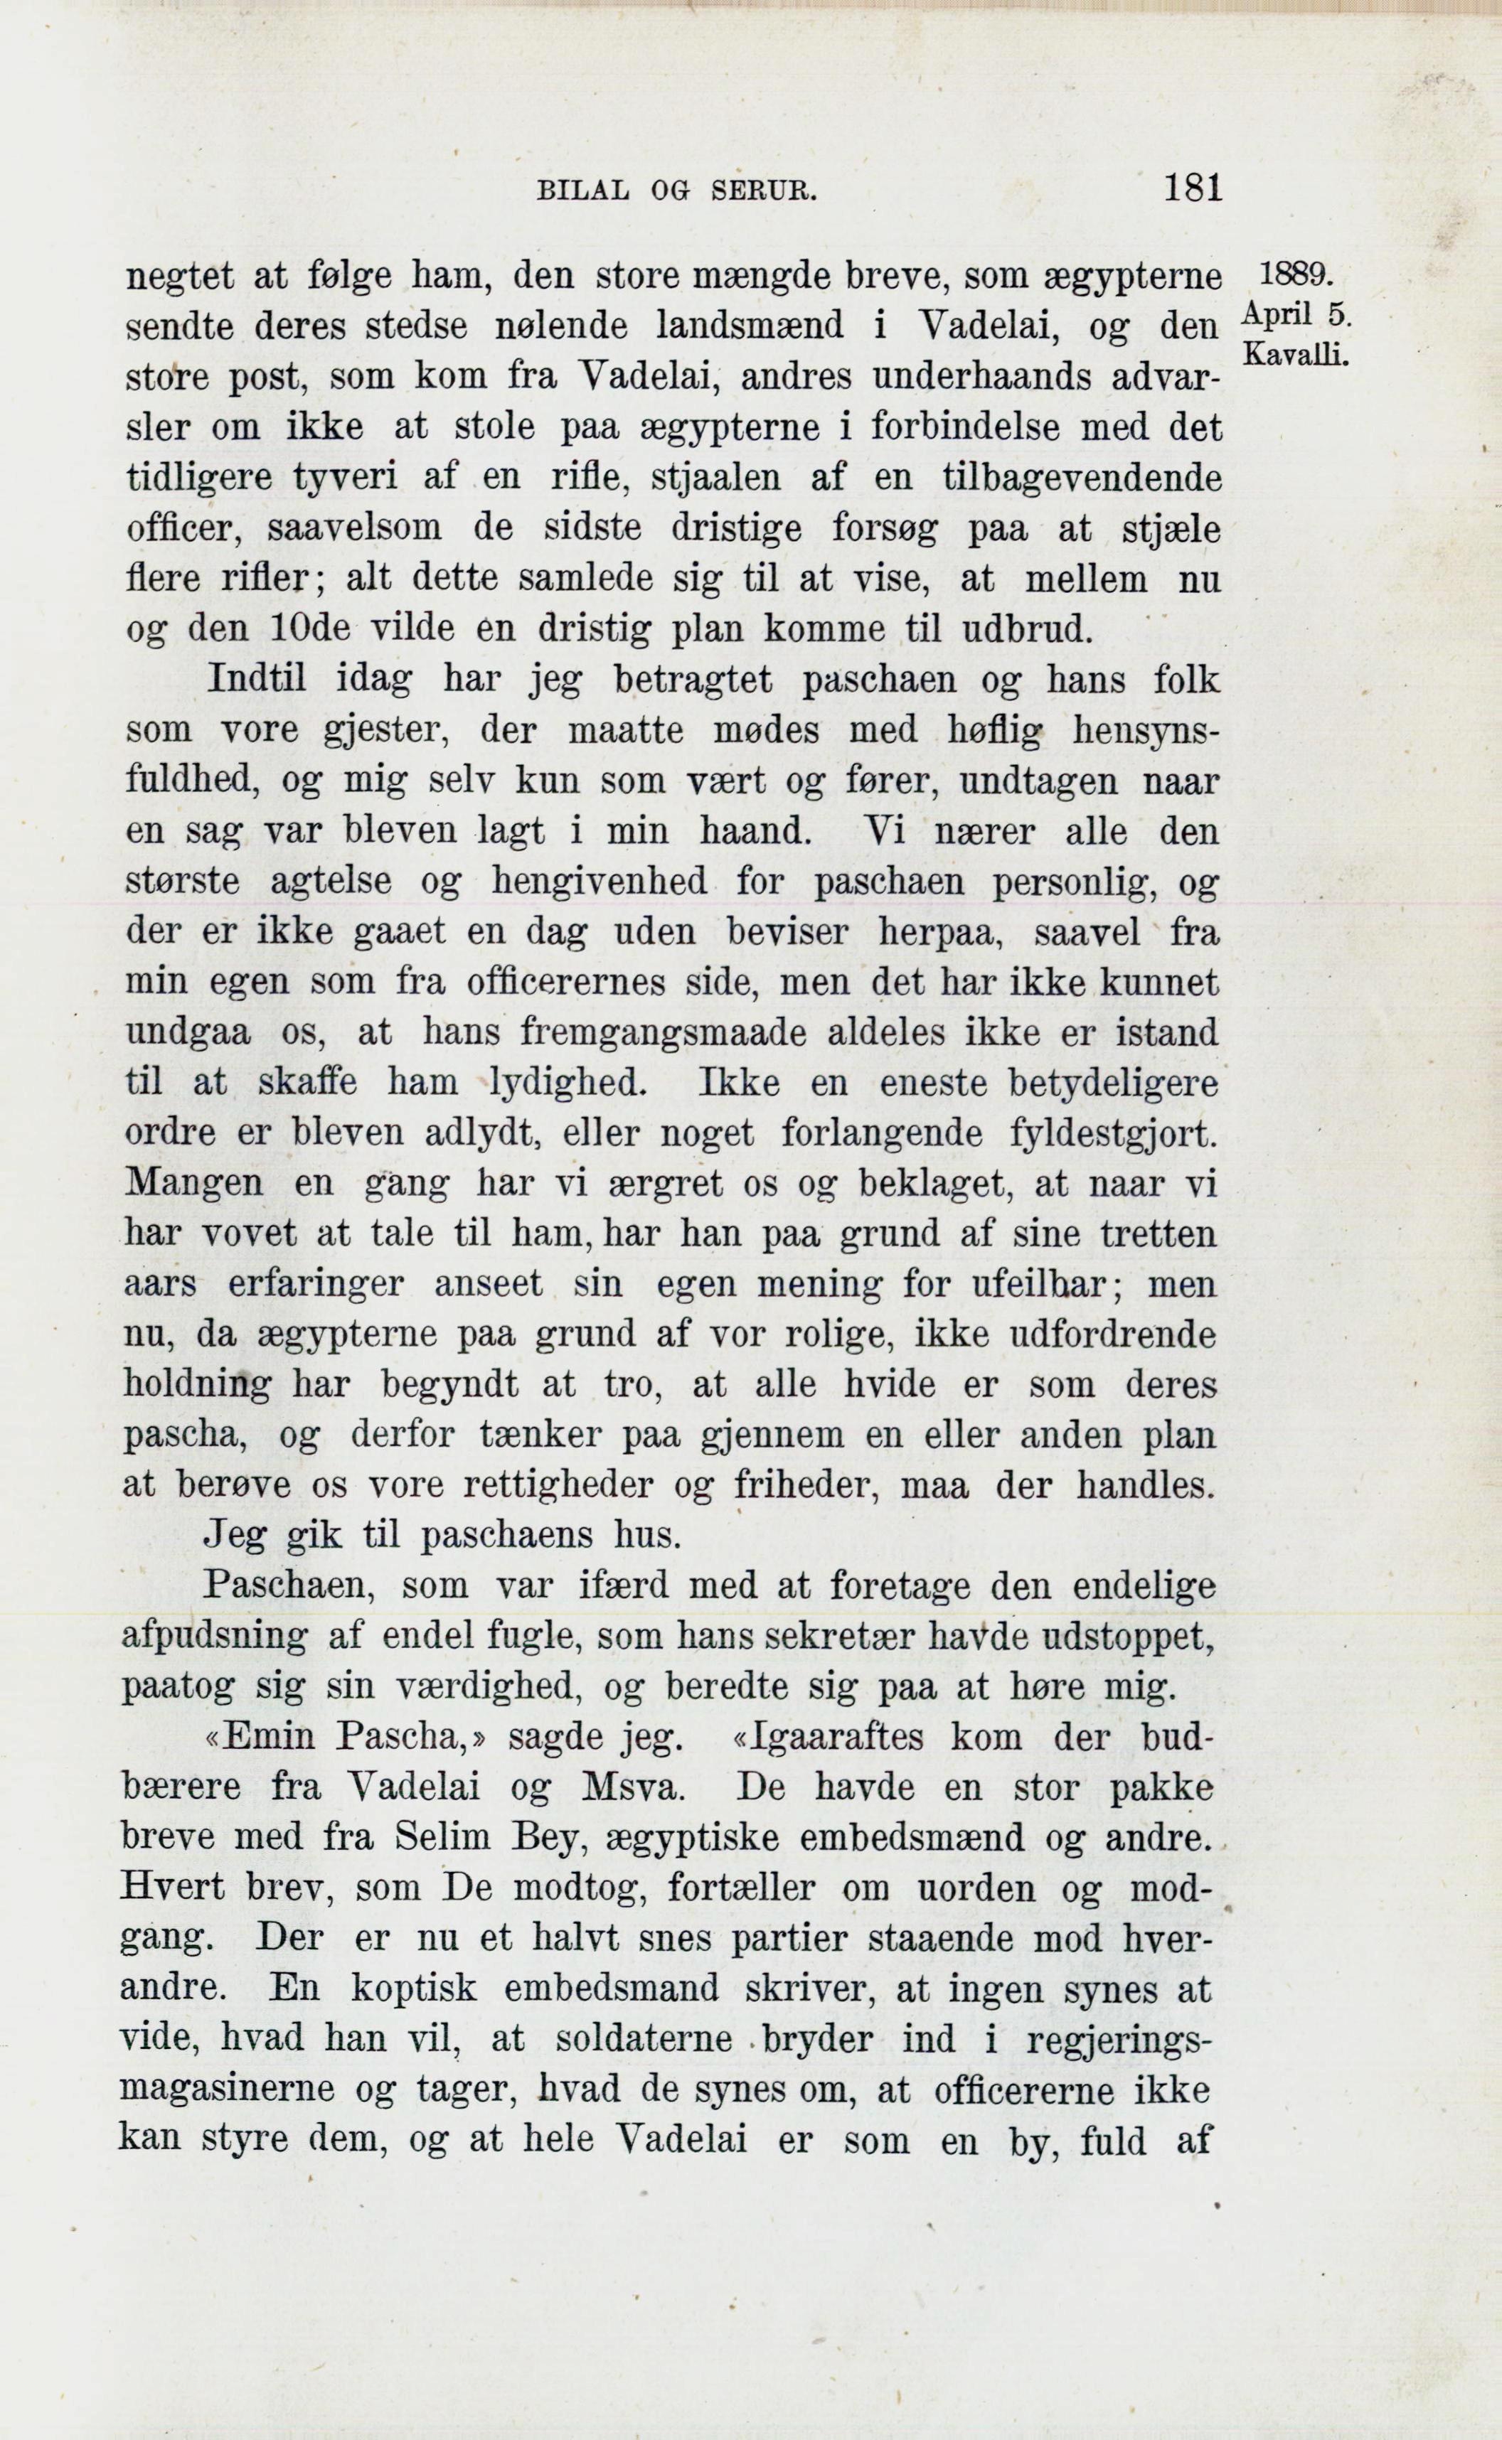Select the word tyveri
click(346, 478)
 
